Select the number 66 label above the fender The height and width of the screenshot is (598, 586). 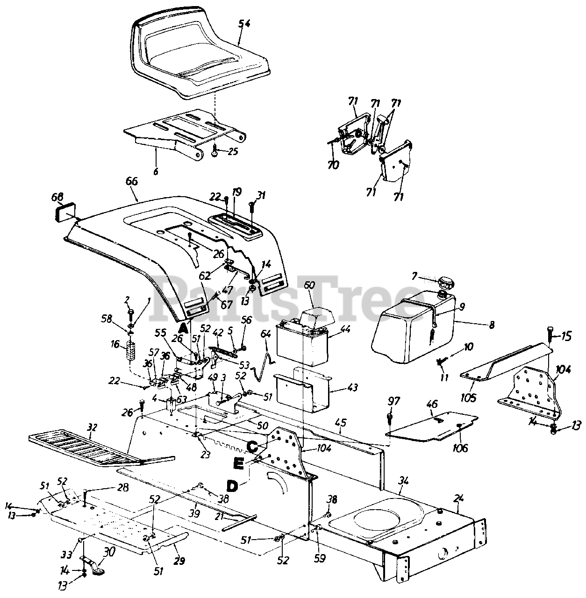(x=132, y=181)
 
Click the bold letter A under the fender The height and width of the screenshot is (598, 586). (x=184, y=328)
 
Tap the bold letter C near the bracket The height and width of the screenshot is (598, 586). (x=252, y=447)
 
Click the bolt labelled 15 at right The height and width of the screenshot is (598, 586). (x=550, y=335)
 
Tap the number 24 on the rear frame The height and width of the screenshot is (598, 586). (x=458, y=498)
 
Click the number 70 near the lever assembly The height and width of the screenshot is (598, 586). (x=333, y=165)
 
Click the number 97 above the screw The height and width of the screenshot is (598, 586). (x=394, y=401)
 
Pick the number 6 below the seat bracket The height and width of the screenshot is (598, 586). (x=156, y=171)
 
